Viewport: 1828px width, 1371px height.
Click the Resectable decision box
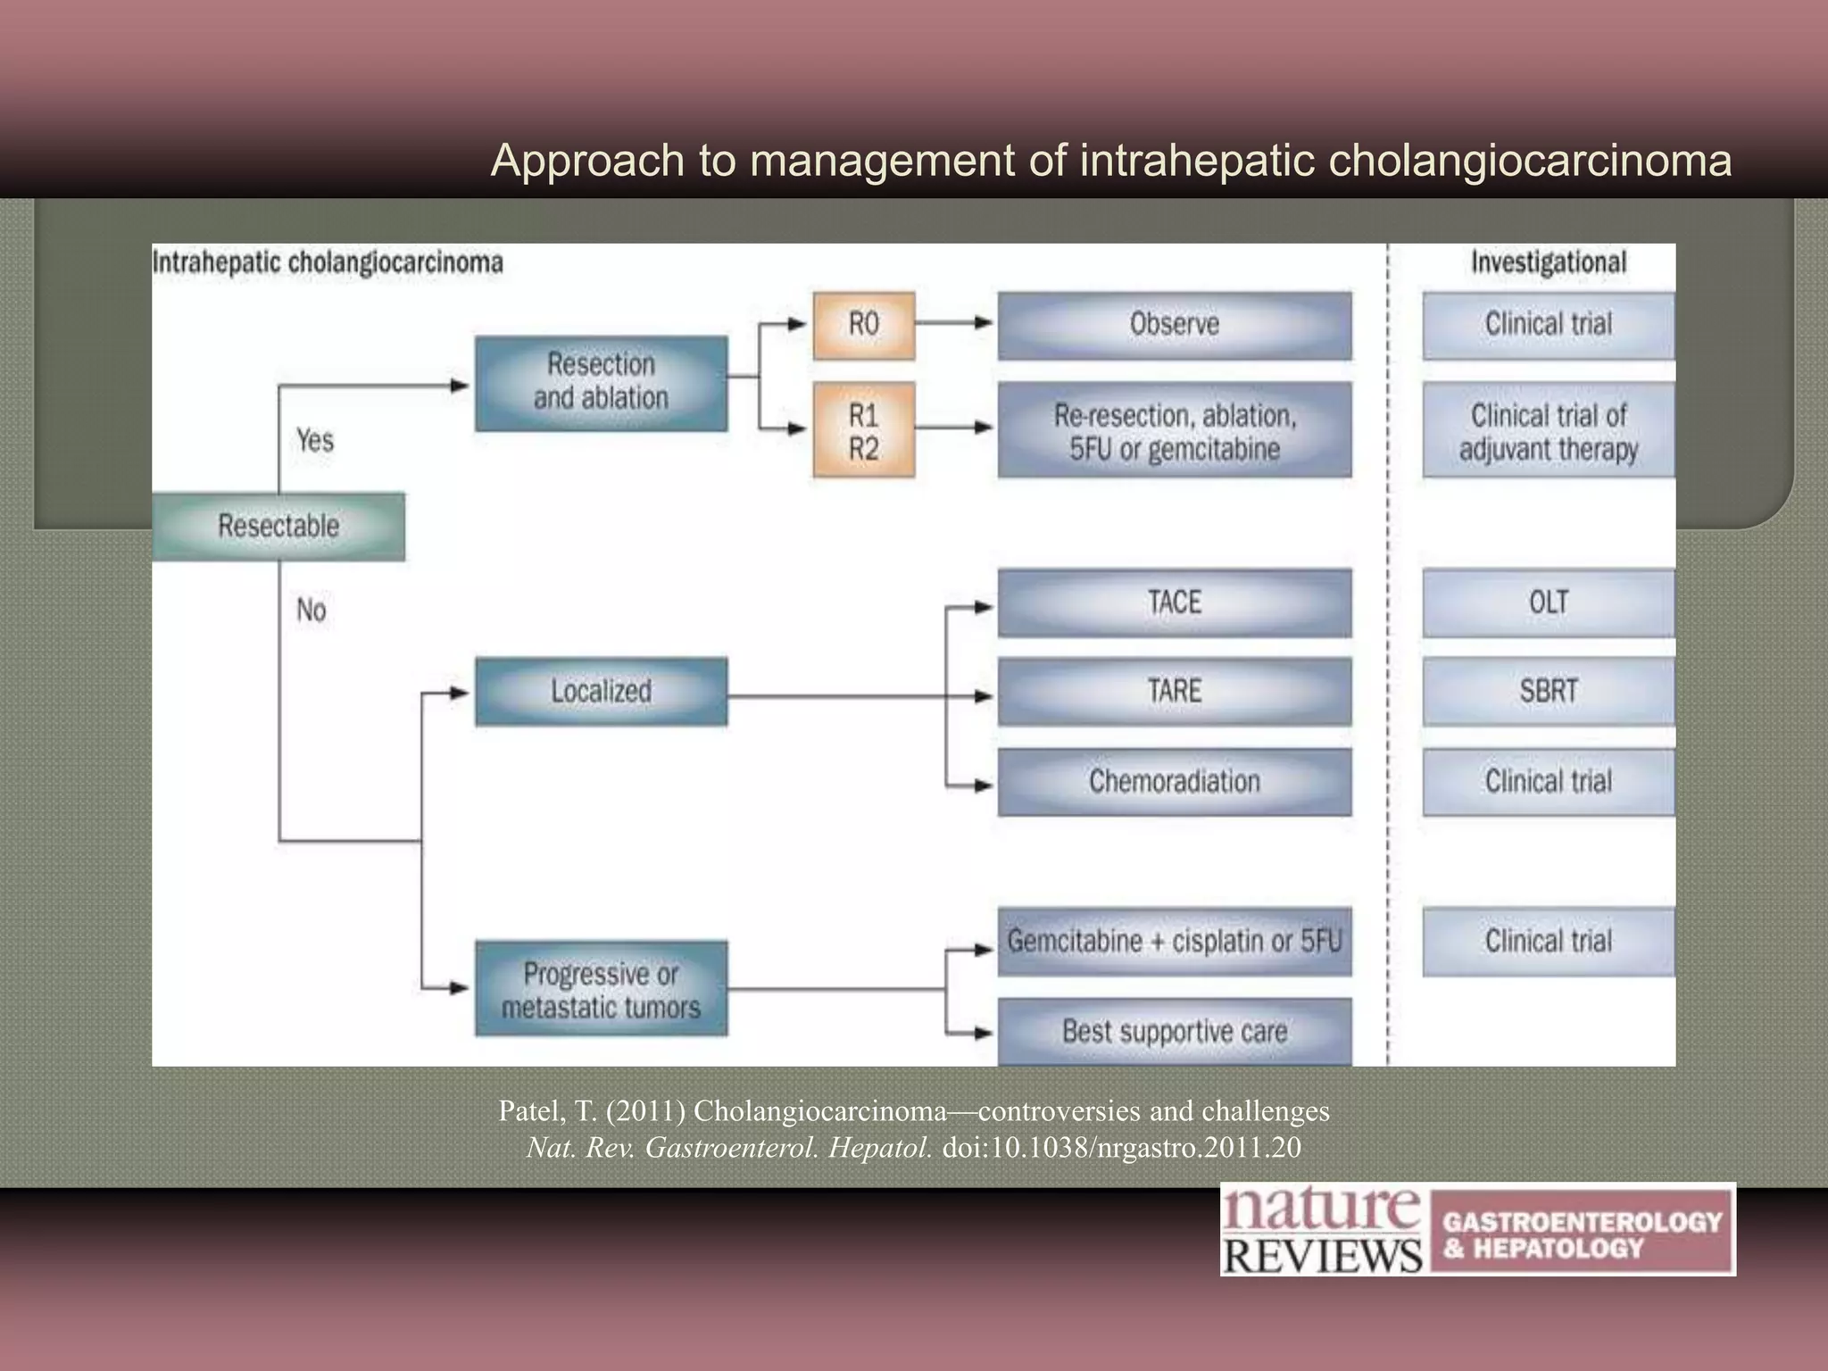tap(278, 526)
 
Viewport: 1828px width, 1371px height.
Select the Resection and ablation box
tap(601, 382)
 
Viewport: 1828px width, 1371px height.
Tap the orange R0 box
tap(863, 325)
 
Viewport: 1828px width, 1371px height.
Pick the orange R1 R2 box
tap(863, 430)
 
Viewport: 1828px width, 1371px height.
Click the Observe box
tap(1174, 325)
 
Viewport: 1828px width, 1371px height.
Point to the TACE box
tap(1174, 602)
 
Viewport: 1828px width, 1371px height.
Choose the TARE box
tap(1174, 692)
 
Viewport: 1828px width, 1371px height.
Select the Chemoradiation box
tap(1174, 782)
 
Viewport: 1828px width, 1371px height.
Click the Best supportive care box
tap(1174, 1032)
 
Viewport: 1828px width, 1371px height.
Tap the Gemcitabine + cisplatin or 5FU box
tap(1174, 942)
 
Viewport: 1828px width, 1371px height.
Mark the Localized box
tap(601, 692)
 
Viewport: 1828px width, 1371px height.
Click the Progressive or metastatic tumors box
tap(601, 989)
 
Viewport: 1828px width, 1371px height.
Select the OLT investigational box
tap(1548, 602)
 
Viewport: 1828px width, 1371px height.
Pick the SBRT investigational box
tap(1548, 692)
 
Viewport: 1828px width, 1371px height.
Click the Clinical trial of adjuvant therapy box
tap(1548, 430)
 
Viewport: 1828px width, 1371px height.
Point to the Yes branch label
tap(315, 440)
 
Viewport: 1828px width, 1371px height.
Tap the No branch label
tap(312, 611)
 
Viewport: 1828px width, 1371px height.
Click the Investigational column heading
tap(1548, 262)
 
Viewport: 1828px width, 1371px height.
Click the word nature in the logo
tap(1319, 1210)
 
